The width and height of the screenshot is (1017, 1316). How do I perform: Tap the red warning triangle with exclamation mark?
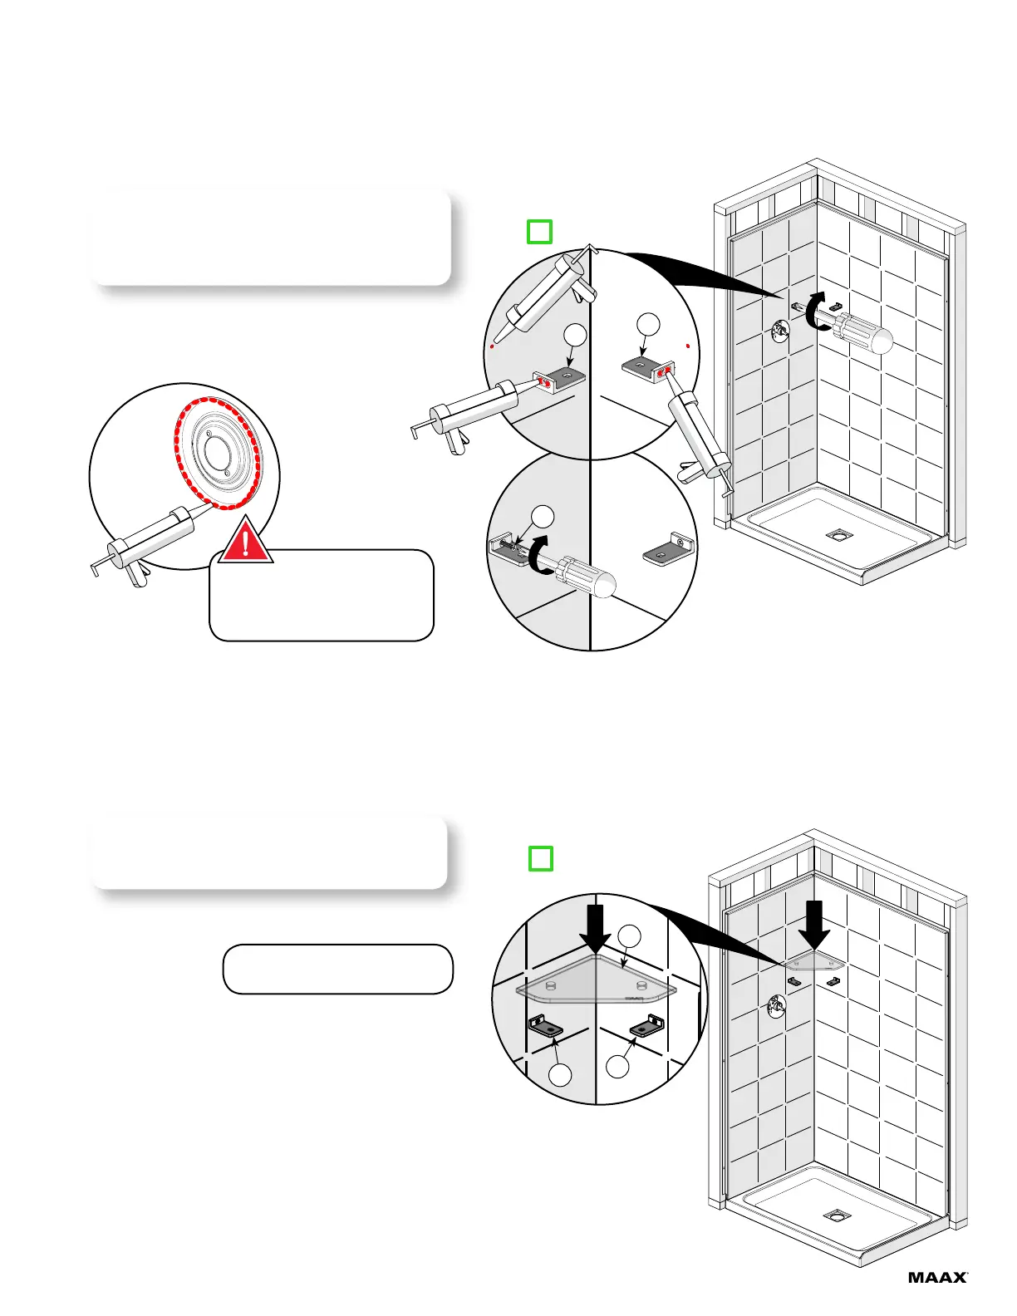tap(246, 542)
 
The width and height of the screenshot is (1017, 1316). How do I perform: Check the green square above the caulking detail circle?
tap(539, 231)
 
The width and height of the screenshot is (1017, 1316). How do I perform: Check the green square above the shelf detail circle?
tap(541, 857)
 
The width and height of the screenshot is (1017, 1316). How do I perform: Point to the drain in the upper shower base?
tap(837, 534)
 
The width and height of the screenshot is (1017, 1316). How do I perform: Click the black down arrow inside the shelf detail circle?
tap(595, 928)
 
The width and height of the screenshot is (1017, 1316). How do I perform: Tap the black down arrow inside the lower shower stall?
tap(816, 924)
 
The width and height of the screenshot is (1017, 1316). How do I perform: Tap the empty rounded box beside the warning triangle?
tap(322, 596)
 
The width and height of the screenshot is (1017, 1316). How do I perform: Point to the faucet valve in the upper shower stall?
tap(781, 331)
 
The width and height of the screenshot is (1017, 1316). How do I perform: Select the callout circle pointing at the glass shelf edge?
tap(631, 935)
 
